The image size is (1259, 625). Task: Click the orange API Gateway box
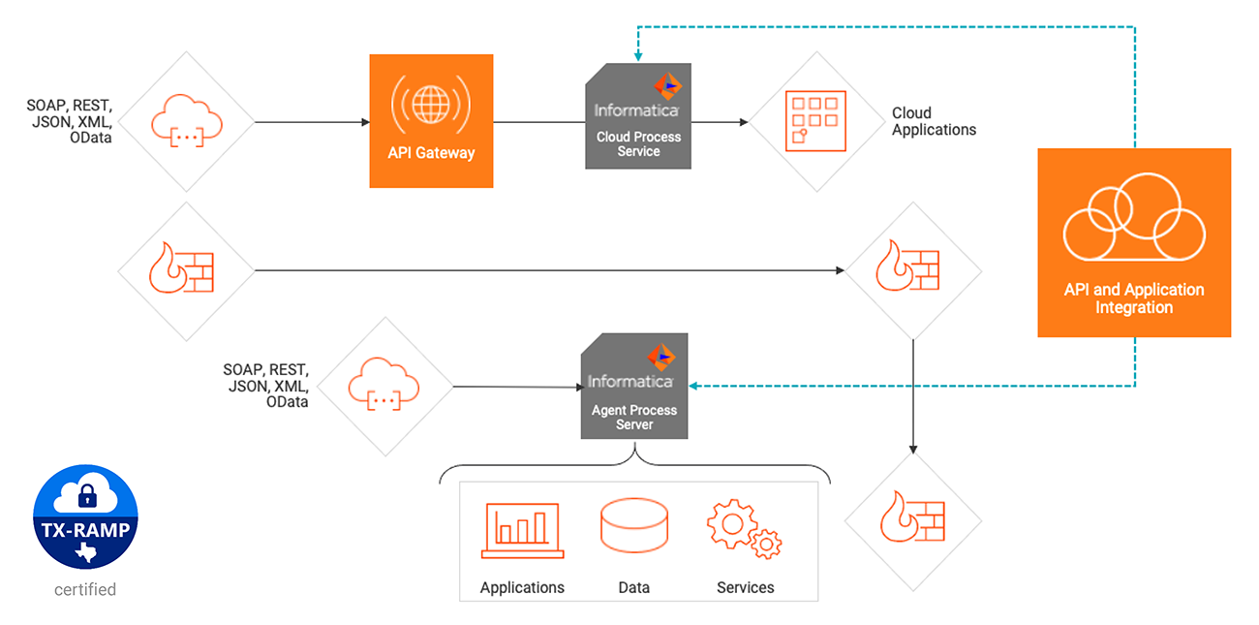tap(431, 120)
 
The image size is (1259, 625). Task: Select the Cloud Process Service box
tap(638, 116)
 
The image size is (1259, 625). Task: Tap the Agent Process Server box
tap(634, 387)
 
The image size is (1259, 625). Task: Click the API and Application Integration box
tap(1134, 242)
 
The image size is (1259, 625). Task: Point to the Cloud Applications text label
tap(934, 121)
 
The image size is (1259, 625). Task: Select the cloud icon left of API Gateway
tap(185, 121)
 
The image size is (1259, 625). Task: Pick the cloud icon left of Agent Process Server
tap(385, 385)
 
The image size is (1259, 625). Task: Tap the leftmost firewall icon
tap(185, 270)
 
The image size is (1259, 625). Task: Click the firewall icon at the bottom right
tap(911, 521)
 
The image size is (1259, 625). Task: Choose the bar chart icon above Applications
tap(522, 531)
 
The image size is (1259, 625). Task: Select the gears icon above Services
tap(744, 529)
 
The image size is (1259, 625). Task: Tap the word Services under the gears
tap(745, 587)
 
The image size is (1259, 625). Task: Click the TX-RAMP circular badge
tap(85, 513)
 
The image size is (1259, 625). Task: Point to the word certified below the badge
tap(85, 589)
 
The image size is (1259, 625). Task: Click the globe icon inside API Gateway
tap(431, 104)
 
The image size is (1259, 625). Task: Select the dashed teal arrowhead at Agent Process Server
tap(693, 387)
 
